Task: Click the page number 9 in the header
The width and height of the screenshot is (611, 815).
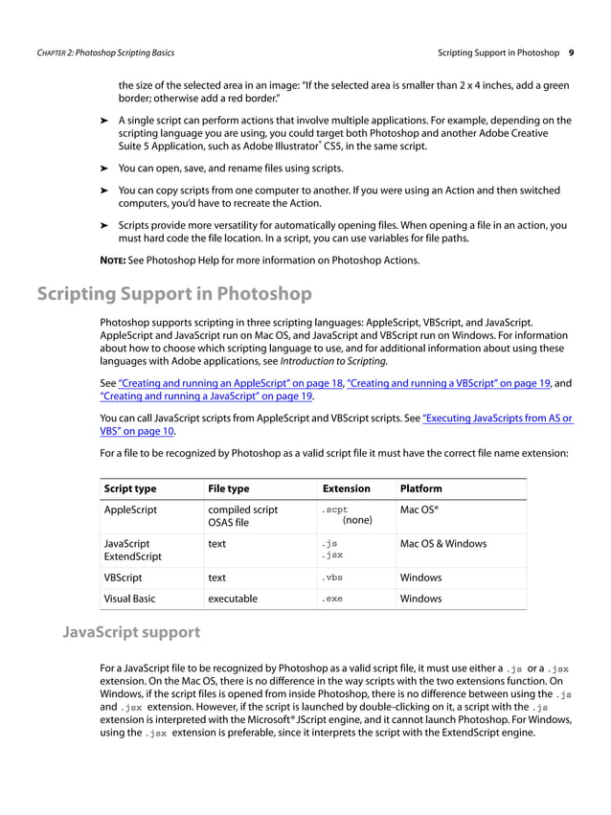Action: tap(571, 52)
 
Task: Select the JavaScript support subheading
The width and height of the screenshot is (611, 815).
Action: tap(131, 632)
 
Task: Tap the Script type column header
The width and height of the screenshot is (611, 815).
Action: tap(130, 488)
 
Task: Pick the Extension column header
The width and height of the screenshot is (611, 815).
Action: tap(346, 488)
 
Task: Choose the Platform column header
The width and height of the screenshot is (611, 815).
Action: tap(421, 488)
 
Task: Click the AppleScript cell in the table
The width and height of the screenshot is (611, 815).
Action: tap(130, 510)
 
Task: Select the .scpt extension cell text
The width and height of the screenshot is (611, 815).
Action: tap(334, 510)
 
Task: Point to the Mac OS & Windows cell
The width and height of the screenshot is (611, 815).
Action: tap(442, 544)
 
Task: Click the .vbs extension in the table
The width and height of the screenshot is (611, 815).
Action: tap(332, 577)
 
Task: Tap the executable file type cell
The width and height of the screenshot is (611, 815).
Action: tap(233, 599)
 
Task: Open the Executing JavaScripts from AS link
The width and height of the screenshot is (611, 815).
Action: tap(497, 418)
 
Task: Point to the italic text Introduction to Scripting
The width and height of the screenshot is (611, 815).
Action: tap(333, 362)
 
